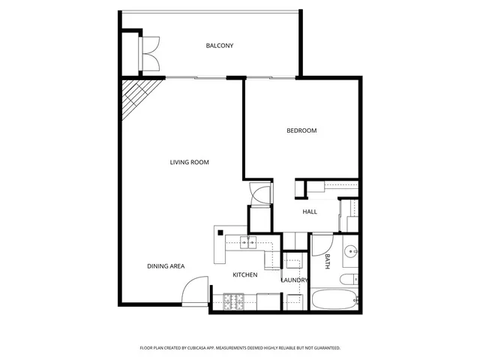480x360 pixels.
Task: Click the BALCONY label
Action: tap(220, 46)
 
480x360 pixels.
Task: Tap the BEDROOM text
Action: tap(301, 130)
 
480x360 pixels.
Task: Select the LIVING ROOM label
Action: tap(189, 162)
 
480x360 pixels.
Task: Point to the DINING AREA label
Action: tap(166, 266)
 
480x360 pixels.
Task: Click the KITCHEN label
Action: tap(244, 275)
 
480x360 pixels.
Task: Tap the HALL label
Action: tap(310, 211)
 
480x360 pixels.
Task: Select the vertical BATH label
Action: tap(328, 262)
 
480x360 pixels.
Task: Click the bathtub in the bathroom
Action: tap(334, 300)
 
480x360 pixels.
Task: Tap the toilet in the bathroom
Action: tap(349, 280)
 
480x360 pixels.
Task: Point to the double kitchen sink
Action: tap(248, 242)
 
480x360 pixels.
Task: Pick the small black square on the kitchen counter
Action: tap(221, 233)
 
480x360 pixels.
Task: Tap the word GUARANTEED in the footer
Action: tap(322, 348)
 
